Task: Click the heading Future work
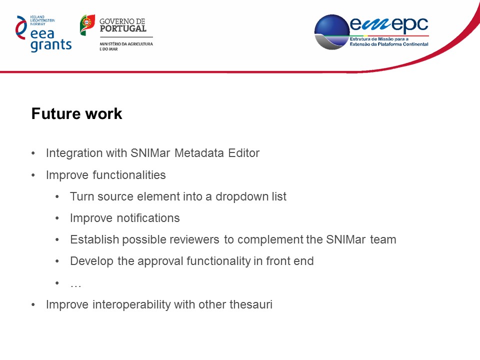point(77,113)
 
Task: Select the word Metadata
point(199,153)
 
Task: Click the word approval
point(160,261)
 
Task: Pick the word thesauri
point(250,304)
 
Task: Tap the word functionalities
point(129,175)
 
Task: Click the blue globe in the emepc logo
point(332,32)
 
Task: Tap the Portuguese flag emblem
point(87,25)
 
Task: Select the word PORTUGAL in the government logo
point(123,29)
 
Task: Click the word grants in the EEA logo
point(51,45)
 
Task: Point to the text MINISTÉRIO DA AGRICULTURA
point(126,44)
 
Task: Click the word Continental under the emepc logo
point(415,44)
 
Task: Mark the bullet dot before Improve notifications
point(57,218)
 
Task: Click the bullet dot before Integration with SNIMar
point(33,153)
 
